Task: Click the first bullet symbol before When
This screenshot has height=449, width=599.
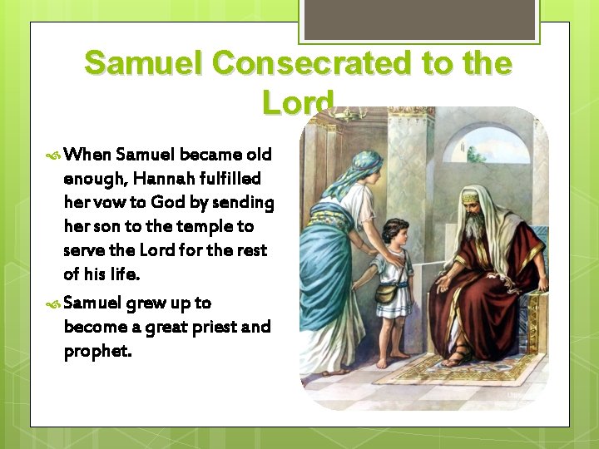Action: (x=53, y=155)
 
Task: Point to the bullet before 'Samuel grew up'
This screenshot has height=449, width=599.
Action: (x=53, y=303)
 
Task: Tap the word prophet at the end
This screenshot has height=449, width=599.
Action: (x=97, y=350)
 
